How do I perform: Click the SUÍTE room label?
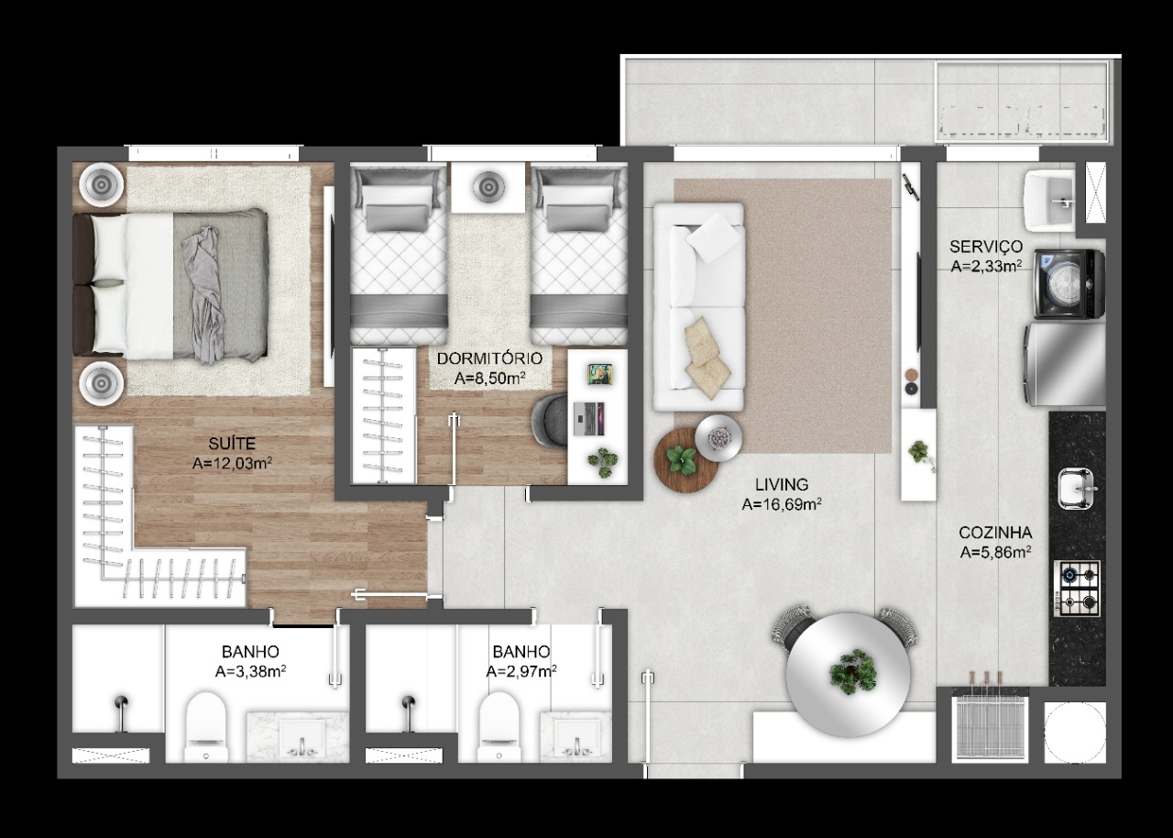click(232, 444)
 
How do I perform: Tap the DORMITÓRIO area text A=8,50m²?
click(489, 378)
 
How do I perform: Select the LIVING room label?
click(782, 484)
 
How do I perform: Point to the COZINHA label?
click(995, 533)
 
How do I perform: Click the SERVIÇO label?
click(986, 246)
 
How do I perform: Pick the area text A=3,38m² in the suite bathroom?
click(250, 671)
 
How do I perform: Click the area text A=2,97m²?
click(521, 671)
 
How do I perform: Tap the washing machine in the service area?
click(1069, 284)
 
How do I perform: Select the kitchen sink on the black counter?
click(1076, 489)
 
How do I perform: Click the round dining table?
click(848, 676)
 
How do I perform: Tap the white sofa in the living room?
click(698, 306)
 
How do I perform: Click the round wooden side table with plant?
click(685, 461)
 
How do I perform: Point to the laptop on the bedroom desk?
click(588, 419)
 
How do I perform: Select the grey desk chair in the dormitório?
click(550, 421)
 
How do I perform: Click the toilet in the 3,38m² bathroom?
click(206, 727)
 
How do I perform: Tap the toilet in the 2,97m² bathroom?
click(499, 727)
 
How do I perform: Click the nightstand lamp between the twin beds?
click(488, 186)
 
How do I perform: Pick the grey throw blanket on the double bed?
click(203, 295)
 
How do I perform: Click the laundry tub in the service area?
click(1049, 201)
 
